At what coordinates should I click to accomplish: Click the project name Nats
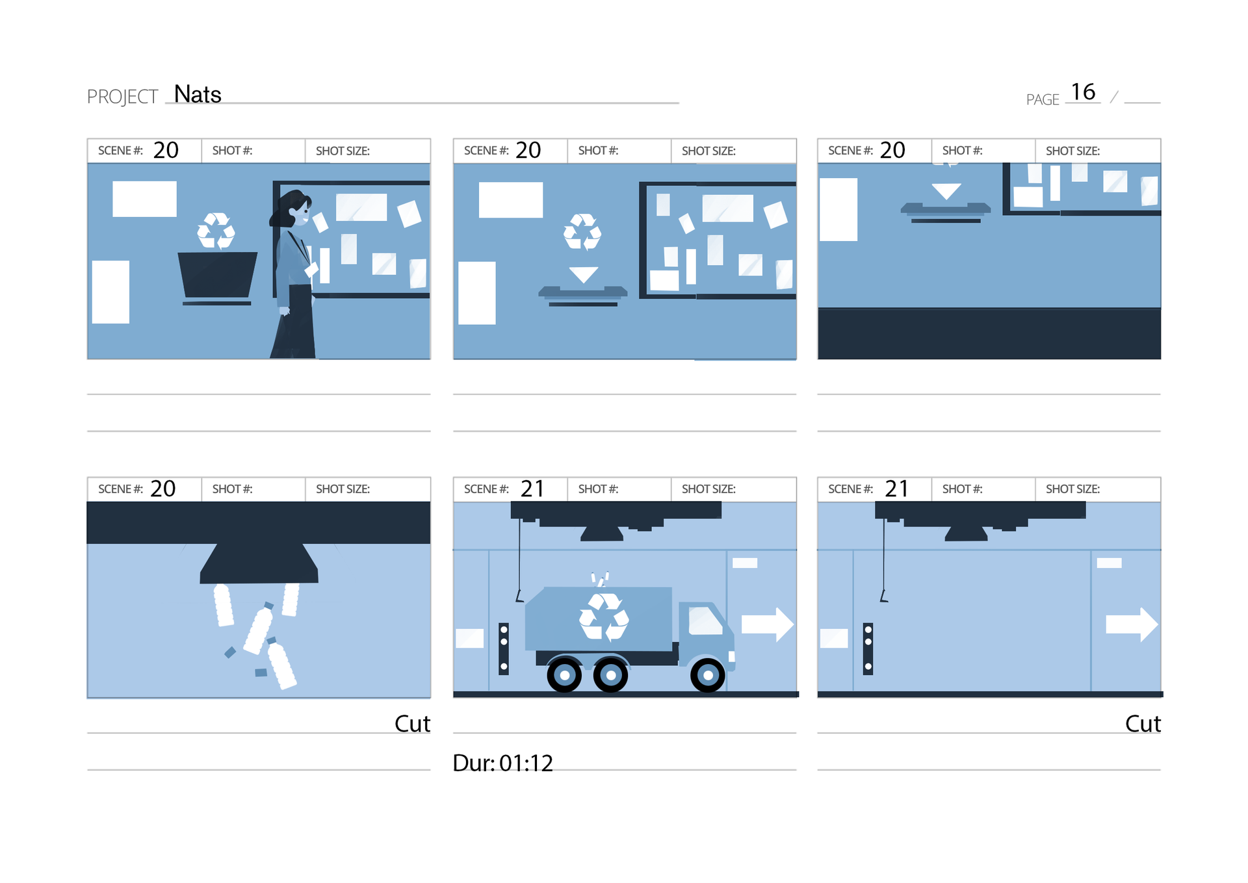click(x=198, y=95)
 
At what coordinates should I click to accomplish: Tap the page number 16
click(x=1083, y=92)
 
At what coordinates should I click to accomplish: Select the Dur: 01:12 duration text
click(x=502, y=763)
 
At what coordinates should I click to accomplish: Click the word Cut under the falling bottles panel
click(x=412, y=724)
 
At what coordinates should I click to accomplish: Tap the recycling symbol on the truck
click(x=604, y=617)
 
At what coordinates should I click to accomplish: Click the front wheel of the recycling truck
click(x=708, y=676)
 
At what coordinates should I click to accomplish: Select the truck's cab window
click(x=705, y=621)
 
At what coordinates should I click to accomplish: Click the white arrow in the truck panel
click(x=768, y=624)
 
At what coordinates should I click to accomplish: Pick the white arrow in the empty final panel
click(x=1132, y=624)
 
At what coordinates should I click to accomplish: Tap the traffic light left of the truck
click(x=504, y=648)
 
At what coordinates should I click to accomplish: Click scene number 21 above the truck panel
click(x=532, y=489)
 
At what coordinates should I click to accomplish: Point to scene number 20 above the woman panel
click(x=166, y=150)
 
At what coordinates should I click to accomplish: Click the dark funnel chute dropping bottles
click(x=259, y=563)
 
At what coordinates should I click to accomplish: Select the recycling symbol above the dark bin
click(x=216, y=231)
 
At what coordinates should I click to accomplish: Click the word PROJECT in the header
click(x=122, y=97)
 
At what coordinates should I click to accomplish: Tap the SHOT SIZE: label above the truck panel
click(x=708, y=489)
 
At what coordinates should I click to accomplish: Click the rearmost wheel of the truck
click(x=564, y=676)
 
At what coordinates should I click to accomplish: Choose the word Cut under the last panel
click(x=1143, y=724)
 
